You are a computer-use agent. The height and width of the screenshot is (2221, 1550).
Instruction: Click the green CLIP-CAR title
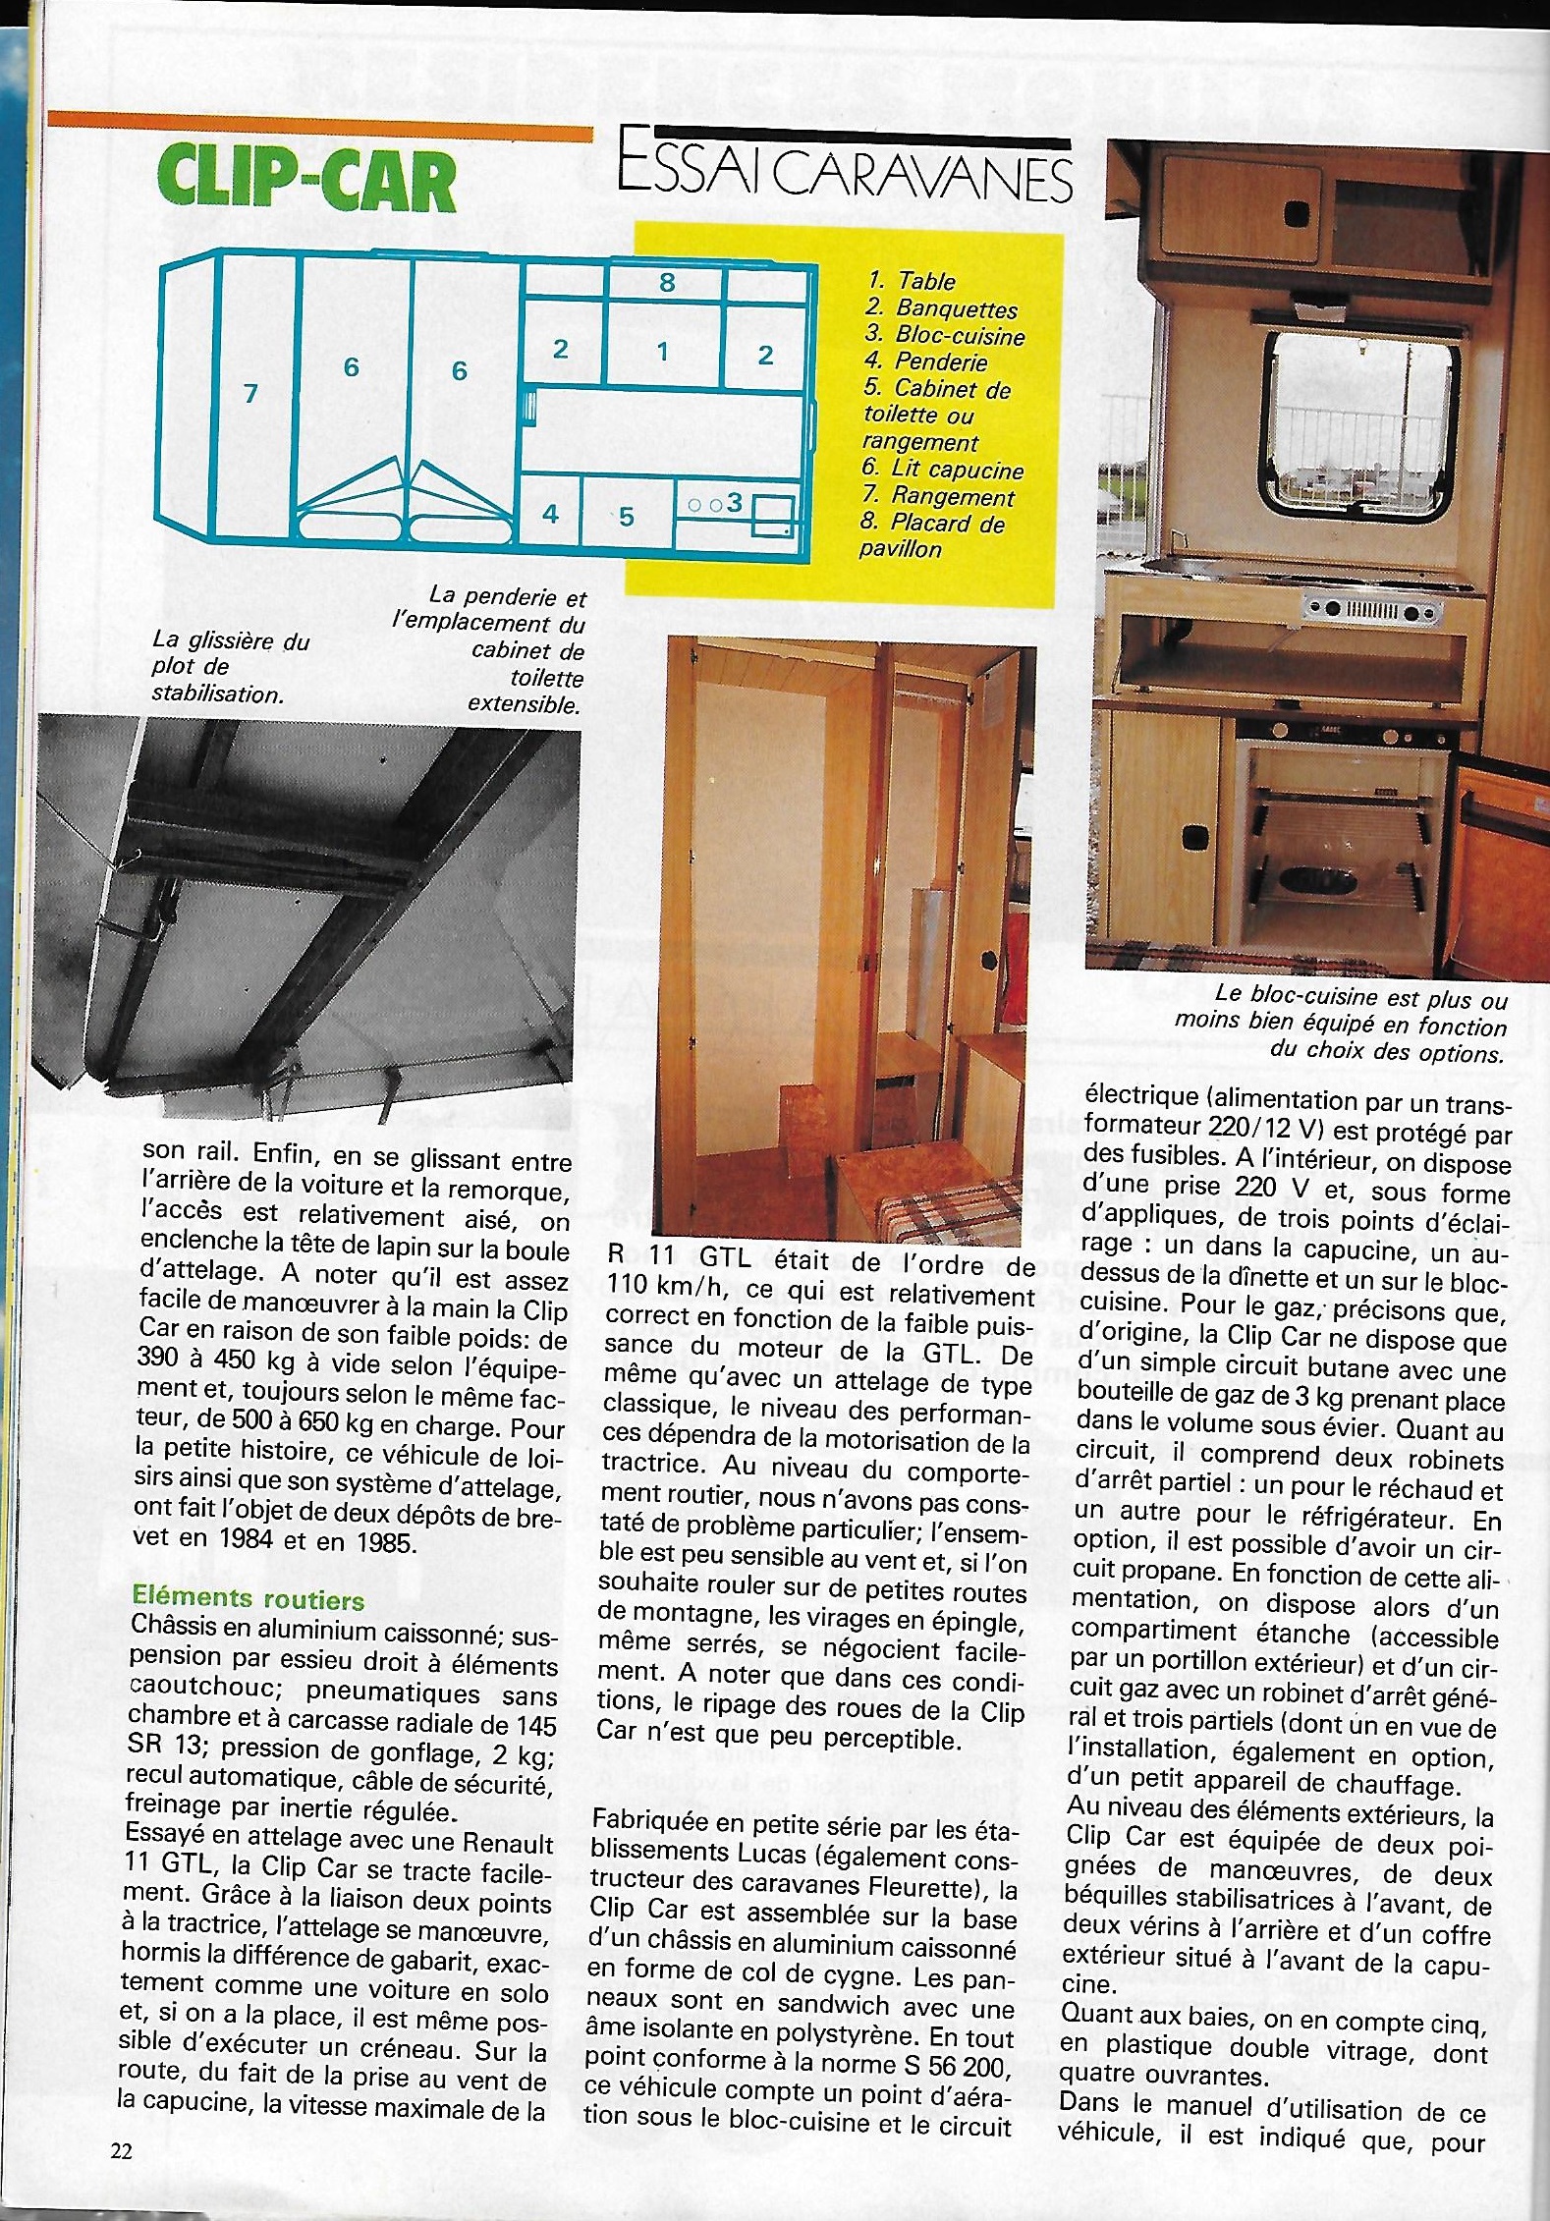[x=307, y=181]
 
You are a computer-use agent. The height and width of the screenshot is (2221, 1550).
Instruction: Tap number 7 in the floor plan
[x=250, y=394]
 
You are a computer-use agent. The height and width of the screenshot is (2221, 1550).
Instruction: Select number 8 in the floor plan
[x=667, y=283]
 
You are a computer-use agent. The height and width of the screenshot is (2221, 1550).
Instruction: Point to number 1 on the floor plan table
[x=663, y=352]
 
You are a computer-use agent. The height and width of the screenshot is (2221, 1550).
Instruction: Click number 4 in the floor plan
[x=550, y=514]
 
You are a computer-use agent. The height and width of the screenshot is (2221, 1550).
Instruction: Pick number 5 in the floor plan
[x=627, y=517]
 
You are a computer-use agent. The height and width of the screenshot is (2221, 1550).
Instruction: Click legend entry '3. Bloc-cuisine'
[x=944, y=336]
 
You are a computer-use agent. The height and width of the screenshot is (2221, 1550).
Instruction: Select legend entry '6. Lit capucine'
[x=942, y=471]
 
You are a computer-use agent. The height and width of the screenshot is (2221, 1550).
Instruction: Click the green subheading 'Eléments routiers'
[x=249, y=1600]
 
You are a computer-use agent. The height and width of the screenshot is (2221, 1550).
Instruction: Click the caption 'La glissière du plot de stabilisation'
[x=231, y=667]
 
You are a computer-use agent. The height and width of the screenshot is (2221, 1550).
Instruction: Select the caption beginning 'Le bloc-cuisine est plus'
[x=1342, y=1026]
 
